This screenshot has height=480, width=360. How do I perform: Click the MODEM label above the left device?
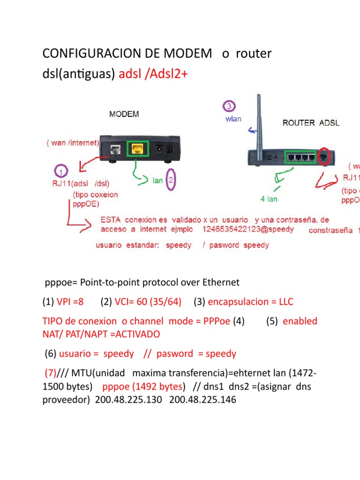point(124,114)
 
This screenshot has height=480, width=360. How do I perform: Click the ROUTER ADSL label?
point(311,123)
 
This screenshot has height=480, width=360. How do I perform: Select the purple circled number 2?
point(171,180)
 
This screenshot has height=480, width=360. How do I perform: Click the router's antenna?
point(256,122)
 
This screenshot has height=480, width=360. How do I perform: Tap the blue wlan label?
point(232,119)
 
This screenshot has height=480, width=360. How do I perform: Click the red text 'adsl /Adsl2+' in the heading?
point(153,74)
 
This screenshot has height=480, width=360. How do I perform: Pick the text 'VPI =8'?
point(70,302)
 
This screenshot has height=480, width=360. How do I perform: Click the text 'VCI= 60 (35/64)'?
point(148,302)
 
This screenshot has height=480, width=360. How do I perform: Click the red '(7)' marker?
point(50,374)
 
